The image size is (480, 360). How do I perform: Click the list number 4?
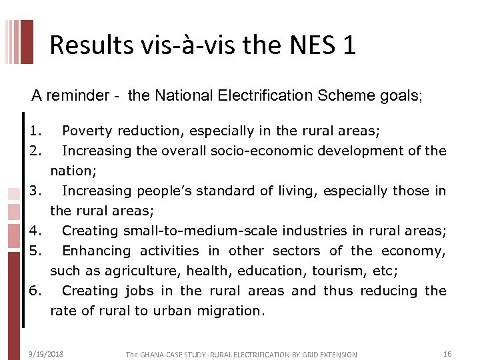point(35,231)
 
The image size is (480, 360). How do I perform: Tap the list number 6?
point(35,291)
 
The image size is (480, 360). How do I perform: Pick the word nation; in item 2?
point(73,171)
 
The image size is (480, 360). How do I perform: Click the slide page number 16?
point(447,354)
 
